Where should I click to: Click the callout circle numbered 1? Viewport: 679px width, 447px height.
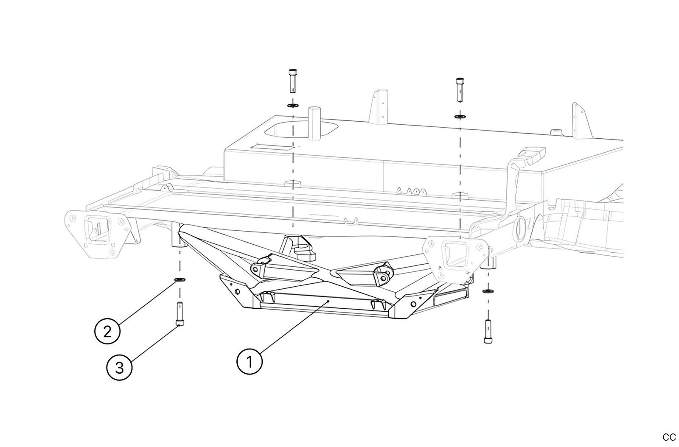click(x=250, y=362)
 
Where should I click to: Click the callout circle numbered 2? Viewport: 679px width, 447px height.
click(x=107, y=331)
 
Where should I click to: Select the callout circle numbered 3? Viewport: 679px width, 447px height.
click(x=119, y=367)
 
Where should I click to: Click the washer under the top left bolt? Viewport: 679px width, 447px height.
click(x=292, y=105)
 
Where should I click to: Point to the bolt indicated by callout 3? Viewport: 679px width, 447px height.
click(x=180, y=313)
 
